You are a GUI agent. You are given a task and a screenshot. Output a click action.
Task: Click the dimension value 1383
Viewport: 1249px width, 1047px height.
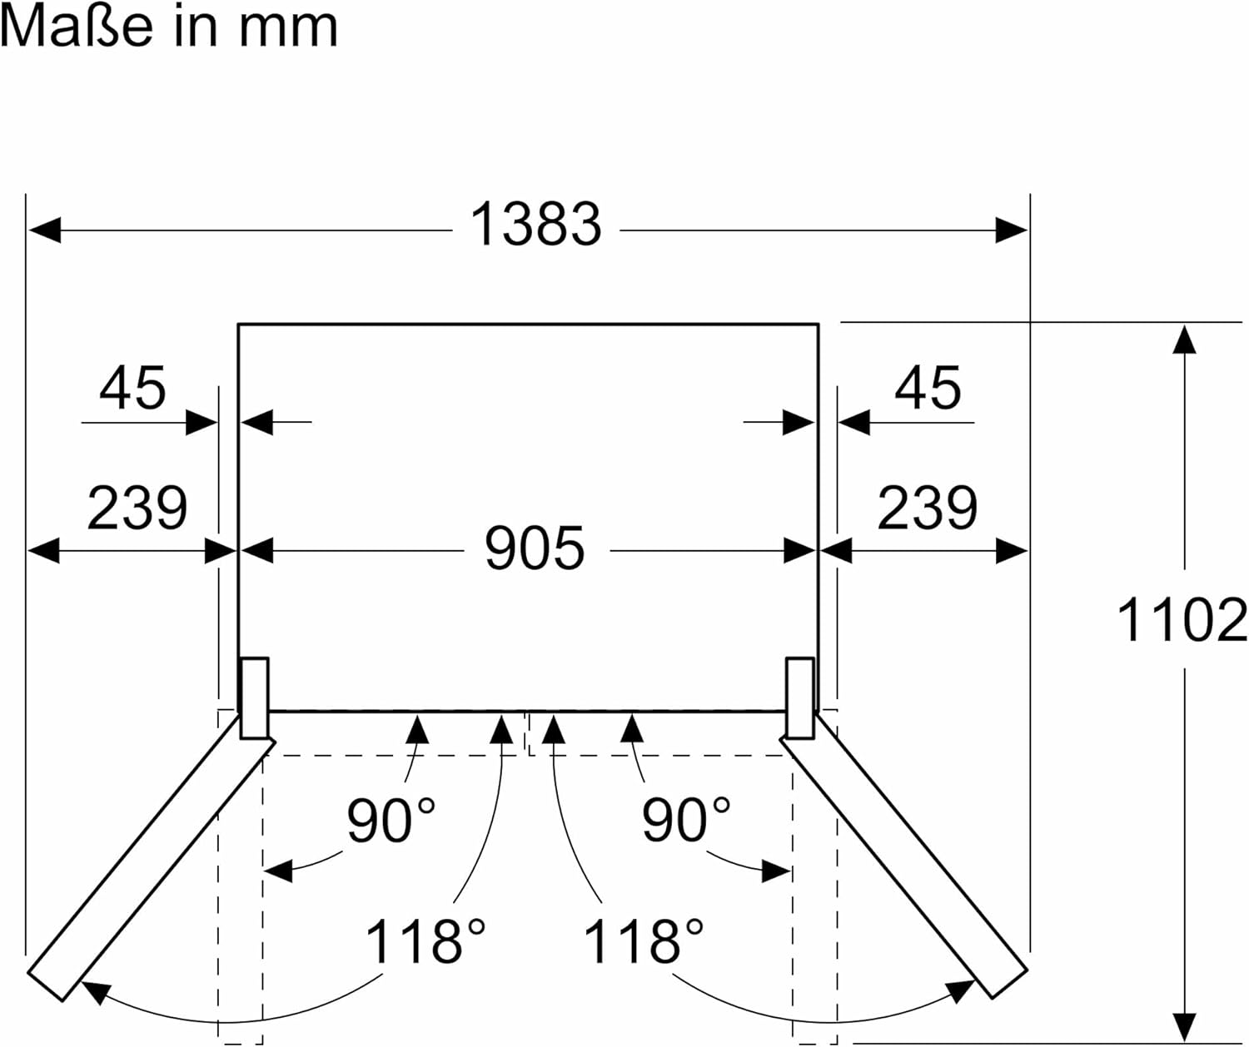tap(535, 225)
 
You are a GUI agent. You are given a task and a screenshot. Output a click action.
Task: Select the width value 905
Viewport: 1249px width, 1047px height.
tap(535, 548)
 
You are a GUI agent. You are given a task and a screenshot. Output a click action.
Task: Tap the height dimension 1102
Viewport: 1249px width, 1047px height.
tap(1182, 621)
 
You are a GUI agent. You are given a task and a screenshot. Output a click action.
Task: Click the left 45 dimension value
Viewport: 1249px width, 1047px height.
tap(133, 388)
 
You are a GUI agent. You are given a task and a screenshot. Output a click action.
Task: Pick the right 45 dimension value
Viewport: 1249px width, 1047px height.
tap(928, 388)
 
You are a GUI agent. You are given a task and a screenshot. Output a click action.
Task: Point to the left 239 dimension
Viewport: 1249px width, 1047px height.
tap(137, 508)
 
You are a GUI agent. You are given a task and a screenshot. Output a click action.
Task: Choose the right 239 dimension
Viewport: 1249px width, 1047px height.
tap(927, 508)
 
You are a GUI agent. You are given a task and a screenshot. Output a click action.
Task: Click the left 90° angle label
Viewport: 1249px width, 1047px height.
tap(391, 820)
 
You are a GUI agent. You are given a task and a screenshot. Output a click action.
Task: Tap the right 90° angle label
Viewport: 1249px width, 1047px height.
tap(685, 820)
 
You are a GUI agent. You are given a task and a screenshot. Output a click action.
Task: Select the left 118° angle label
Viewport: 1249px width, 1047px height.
tap(425, 941)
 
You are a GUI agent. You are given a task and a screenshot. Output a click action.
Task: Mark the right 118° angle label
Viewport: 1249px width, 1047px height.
tap(643, 941)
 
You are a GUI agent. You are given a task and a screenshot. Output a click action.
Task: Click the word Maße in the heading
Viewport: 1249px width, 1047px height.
tap(77, 27)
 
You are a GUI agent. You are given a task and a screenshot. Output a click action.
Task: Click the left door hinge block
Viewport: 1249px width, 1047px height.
tap(255, 697)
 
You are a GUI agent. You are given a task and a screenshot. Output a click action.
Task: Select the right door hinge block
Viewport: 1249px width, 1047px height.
tap(799, 697)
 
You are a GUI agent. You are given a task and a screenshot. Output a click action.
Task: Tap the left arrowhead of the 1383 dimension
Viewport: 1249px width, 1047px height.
tap(43, 230)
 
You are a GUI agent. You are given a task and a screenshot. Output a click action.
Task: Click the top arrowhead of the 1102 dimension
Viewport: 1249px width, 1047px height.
tap(1184, 340)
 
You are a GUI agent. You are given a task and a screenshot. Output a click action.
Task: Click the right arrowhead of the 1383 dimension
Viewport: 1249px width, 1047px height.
tap(1012, 230)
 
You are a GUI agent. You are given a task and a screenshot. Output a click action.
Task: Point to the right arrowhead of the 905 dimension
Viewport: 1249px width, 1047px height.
tap(799, 551)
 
